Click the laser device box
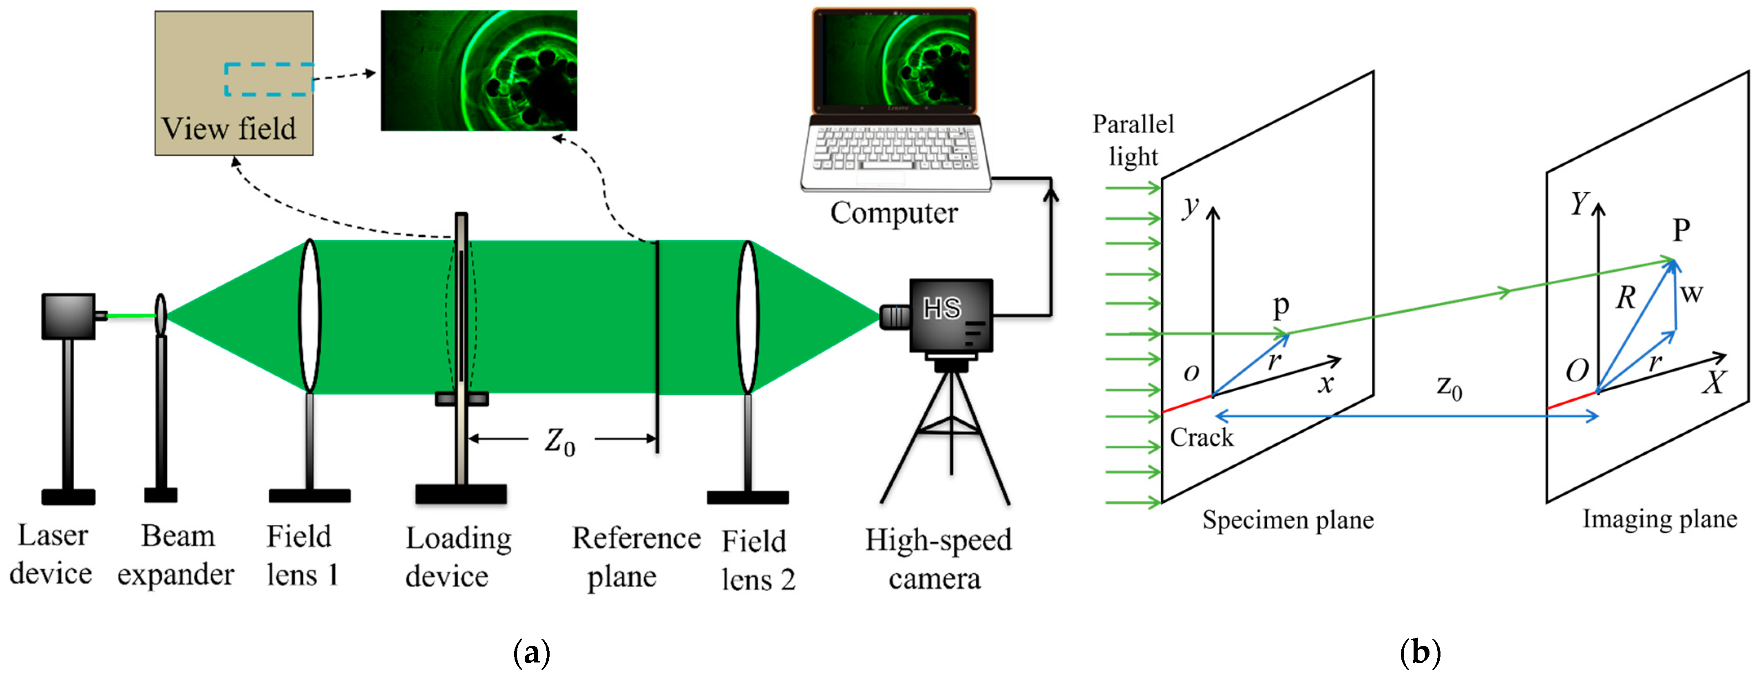tap(68, 316)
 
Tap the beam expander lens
tap(160, 315)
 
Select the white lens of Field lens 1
tap(310, 315)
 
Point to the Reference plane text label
tap(635, 557)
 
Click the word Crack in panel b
tap(1201, 437)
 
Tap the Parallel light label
tap(1133, 140)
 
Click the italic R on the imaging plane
tap(1626, 297)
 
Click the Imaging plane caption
tap(1659, 519)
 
